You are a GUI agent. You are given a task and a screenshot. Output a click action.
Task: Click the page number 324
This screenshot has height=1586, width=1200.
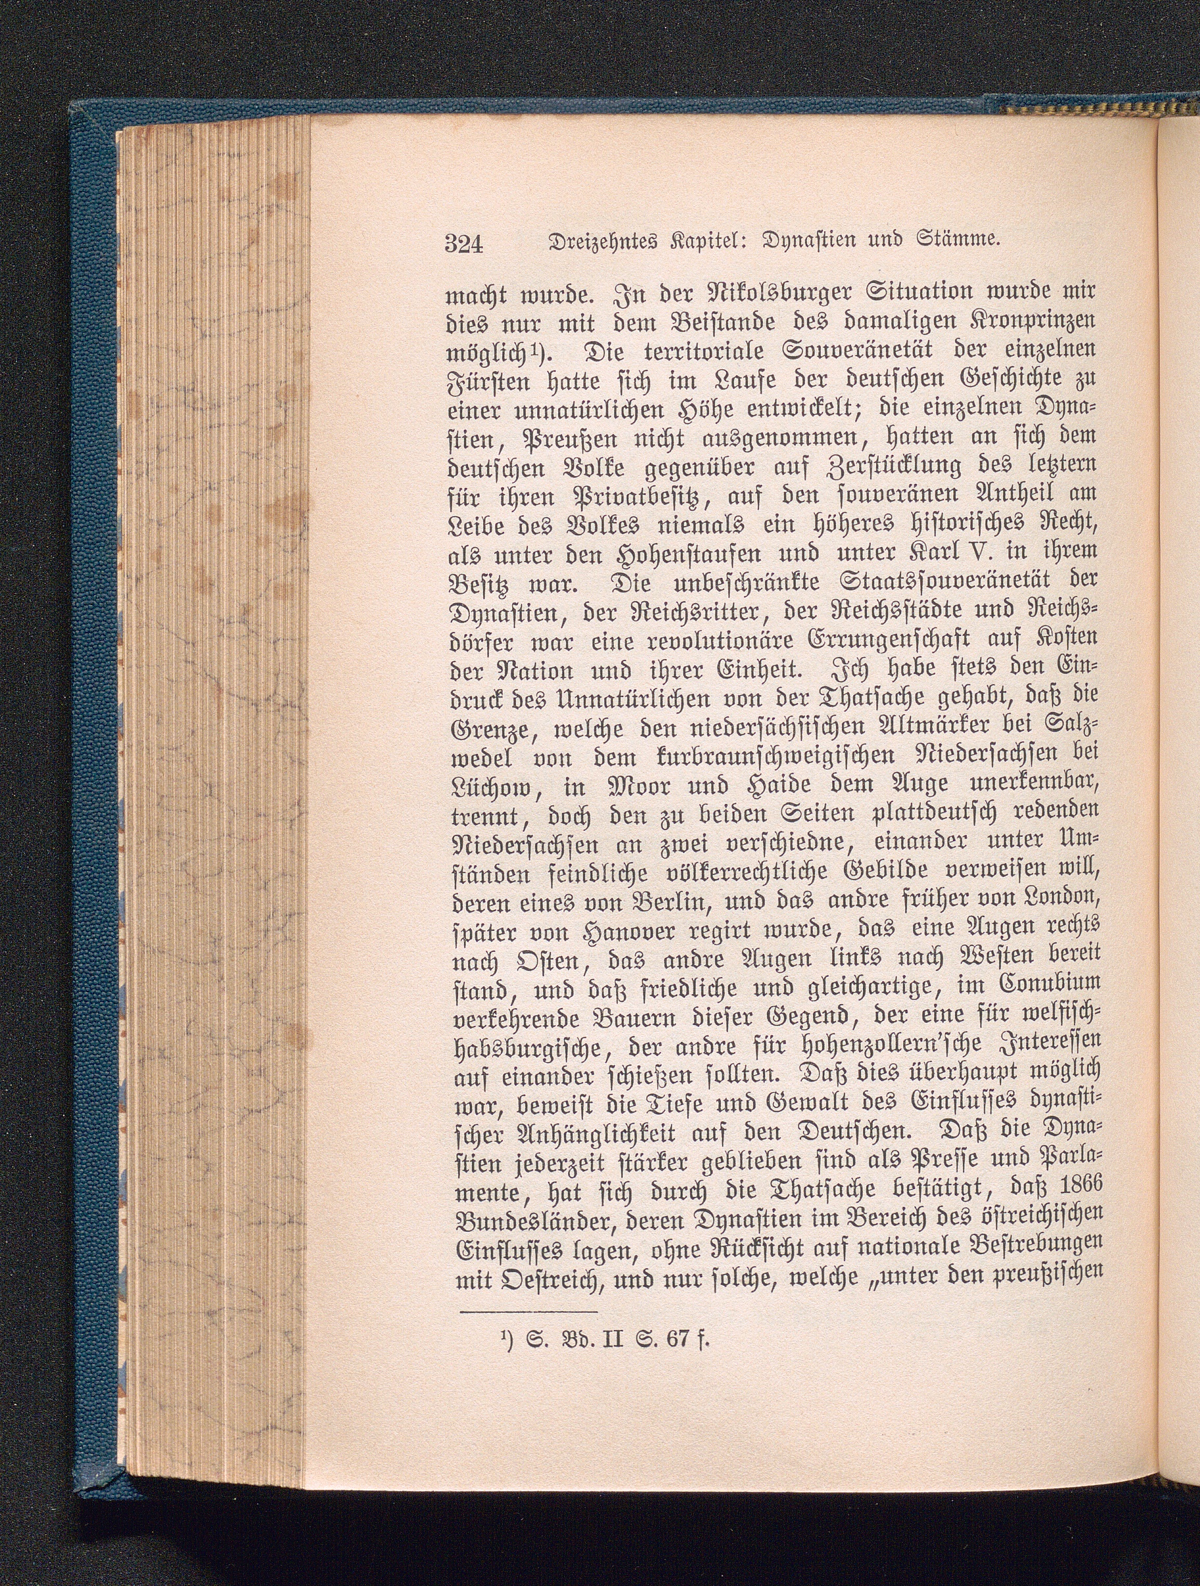(465, 244)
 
